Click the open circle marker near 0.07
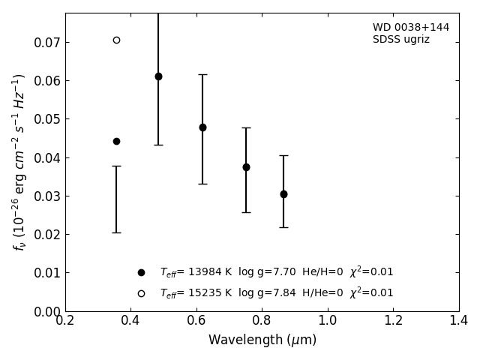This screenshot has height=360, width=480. click(x=116, y=40)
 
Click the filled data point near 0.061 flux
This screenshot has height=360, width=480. click(x=158, y=76)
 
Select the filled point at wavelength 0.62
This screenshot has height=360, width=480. click(x=202, y=127)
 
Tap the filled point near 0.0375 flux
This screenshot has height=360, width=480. click(x=246, y=167)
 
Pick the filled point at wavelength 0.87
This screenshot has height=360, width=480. click(x=283, y=194)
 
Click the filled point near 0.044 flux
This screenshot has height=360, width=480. click(x=116, y=141)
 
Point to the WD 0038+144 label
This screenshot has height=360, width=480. click(x=411, y=28)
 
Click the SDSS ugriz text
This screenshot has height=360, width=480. click(x=401, y=40)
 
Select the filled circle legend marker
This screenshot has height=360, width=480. click(x=141, y=273)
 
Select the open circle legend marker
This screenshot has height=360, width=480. click(x=141, y=293)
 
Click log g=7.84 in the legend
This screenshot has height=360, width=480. click(x=267, y=293)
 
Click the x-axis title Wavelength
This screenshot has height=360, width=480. click(x=262, y=340)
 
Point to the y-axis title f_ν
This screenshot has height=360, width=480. click(x=19, y=161)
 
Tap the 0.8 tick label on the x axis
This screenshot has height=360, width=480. click(x=262, y=321)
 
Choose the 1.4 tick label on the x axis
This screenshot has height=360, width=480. click(x=458, y=321)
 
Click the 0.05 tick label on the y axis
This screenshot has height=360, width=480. click(x=46, y=119)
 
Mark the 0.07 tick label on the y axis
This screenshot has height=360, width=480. click(x=46, y=43)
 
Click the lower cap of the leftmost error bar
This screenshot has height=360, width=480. click(x=116, y=232)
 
